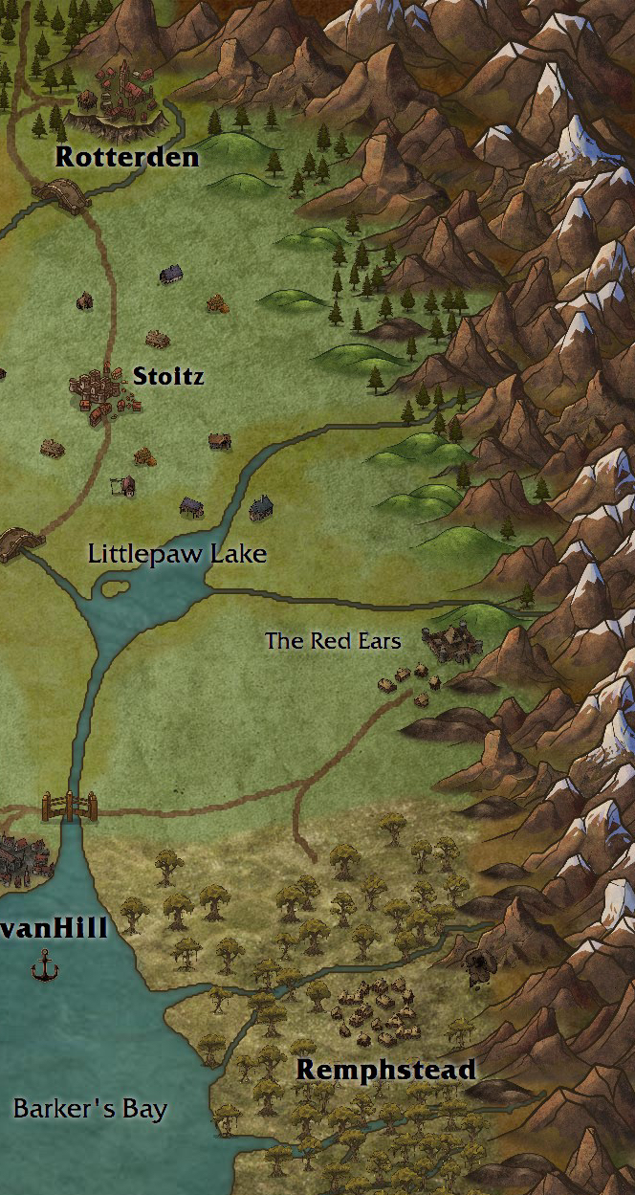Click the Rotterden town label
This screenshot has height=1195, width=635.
tap(127, 158)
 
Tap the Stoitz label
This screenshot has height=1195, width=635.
tap(168, 376)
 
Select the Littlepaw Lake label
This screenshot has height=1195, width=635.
tap(177, 554)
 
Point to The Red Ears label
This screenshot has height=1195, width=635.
tap(333, 641)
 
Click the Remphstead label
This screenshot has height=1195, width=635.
tap(386, 1070)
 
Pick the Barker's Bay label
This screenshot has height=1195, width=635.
tap(90, 1110)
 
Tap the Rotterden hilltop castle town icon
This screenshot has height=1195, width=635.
tap(119, 97)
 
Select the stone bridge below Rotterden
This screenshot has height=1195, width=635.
tap(60, 192)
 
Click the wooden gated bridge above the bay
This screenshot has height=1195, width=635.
tap(69, 807)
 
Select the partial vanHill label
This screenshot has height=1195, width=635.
tap(54, 928)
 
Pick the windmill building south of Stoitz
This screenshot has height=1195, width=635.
tap(123, 485)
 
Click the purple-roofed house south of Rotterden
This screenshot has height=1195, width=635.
tap(171, 275)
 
